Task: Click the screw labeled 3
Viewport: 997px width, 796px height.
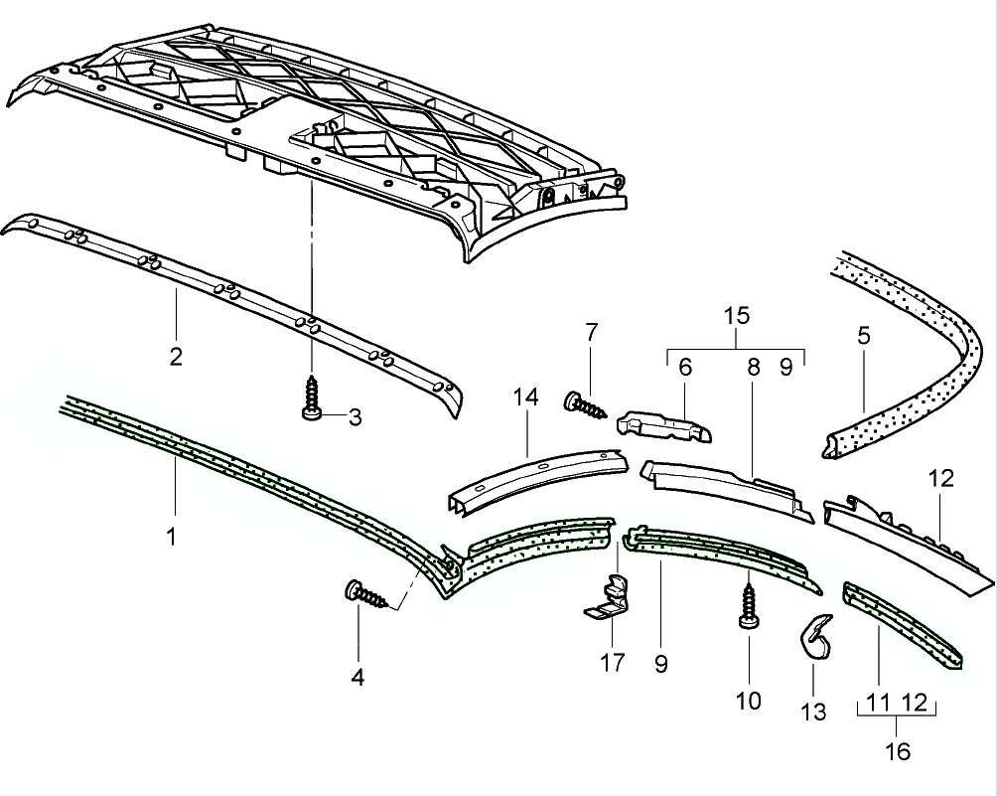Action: (x=311, y=401)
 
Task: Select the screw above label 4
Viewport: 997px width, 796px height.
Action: (x=366, y=594)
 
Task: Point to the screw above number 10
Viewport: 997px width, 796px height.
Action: (x=748, y=605)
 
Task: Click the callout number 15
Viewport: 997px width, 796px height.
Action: (x=736, y=317)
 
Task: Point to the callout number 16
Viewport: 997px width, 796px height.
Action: (x=897, y=751)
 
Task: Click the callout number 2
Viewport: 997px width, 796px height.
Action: (x=175, y=355)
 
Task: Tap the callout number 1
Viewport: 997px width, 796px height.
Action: (x=171, y=537)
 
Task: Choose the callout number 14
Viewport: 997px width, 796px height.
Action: (x=525, y=398)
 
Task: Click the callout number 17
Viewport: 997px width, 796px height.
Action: (x=614, y=662)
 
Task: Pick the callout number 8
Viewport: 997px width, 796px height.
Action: (x=754, y=368)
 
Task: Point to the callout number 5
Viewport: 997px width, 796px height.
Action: (x=863, y=335)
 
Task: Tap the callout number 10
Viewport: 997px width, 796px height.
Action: (x=748, y=701)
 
